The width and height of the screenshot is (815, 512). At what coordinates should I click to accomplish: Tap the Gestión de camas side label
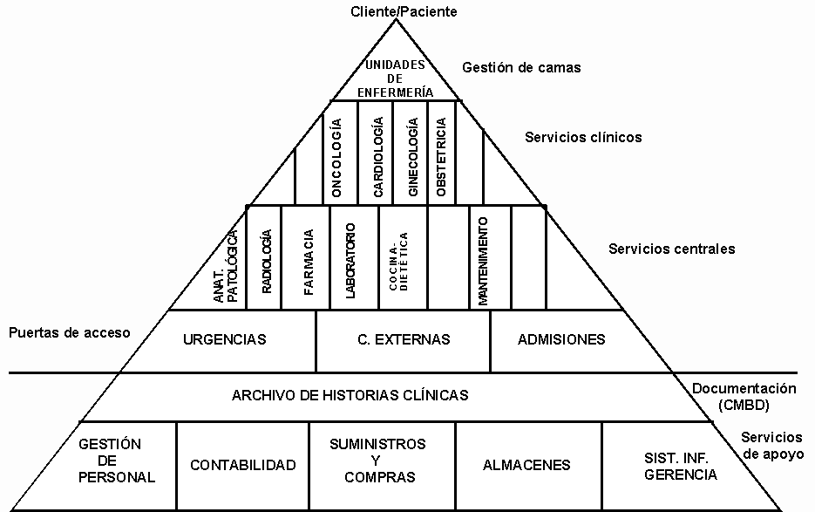tap(521, 67)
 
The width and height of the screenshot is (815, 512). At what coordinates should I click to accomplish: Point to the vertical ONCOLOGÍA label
tap(336, 156)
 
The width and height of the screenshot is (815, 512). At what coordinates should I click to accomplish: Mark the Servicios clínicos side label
tap(583, 137)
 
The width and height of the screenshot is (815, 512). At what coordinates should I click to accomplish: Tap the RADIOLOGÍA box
tap(266, 257)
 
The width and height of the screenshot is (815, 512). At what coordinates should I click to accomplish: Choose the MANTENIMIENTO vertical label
tap(482, 257)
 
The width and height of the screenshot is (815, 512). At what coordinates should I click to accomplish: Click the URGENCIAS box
tap(225, 339)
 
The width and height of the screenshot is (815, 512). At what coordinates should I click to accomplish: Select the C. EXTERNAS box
tap(404, 339)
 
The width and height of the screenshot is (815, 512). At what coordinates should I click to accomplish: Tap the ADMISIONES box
tap(561, 339)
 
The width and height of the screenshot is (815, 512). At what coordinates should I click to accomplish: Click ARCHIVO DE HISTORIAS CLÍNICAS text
tap(350, 395)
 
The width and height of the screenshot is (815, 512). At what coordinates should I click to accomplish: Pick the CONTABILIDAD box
tap(243, 465)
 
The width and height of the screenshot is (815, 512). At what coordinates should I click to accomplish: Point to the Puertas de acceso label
tap(68, 332)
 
